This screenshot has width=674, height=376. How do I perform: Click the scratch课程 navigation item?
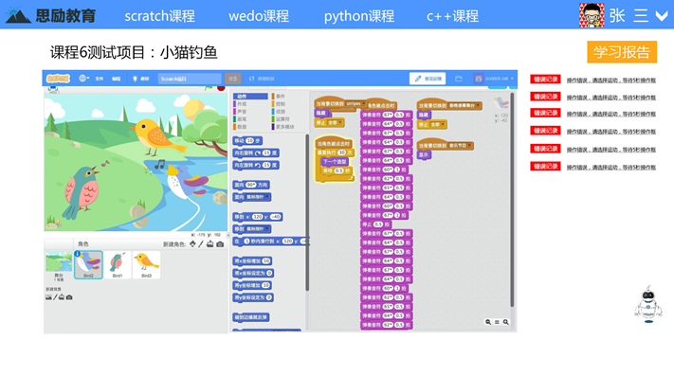point(159,16)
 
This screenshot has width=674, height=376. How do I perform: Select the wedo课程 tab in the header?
point(258,16)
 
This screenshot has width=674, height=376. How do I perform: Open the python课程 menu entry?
point(358,16)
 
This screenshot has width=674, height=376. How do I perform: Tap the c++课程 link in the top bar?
point(452,16)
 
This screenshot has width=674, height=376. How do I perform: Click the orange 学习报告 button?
point(622,52)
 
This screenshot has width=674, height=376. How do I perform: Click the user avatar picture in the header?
point(592,15)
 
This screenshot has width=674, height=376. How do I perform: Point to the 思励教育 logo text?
point(64,16)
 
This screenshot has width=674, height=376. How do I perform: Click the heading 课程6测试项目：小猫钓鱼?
point(134,52)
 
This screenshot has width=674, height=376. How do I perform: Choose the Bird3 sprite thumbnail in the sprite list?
point(146,264)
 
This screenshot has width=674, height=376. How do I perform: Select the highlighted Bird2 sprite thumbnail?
point(88,264)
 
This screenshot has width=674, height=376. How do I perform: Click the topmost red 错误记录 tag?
point(545,80)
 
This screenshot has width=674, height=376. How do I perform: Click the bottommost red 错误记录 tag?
point(545,167)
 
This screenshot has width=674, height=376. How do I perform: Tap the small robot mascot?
point(648,304)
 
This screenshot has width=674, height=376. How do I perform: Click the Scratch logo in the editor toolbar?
point(58,79)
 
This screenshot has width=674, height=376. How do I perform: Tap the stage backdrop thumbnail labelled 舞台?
point(58,264)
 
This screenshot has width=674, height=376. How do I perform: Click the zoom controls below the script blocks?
point(498,322)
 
